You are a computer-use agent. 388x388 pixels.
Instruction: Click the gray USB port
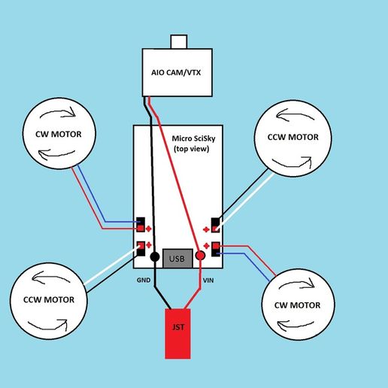coord(177,259)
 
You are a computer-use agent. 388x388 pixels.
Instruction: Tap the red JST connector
coord(177,334)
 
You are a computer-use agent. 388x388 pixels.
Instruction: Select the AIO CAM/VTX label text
coord(176,73)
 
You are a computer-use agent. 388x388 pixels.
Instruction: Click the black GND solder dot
coord(155,256)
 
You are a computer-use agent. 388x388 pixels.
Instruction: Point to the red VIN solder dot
coord(200,256)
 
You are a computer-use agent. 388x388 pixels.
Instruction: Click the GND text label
coord(144,280)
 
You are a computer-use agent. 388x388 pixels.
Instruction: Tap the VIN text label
coord(208,280)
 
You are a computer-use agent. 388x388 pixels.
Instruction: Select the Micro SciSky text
coord(193,138)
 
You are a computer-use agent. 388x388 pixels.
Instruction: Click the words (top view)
coord(192,149)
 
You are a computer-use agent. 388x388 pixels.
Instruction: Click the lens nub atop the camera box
coord(179,42)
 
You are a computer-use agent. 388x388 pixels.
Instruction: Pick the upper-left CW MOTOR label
coord(59,135)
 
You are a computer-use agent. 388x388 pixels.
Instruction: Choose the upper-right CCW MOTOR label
coord(293,137)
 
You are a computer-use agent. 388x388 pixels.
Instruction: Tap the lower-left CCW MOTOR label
coord(49,300)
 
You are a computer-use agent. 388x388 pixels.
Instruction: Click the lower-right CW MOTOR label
coord(297,305)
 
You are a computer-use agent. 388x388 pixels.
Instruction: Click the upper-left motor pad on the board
coord(141,225)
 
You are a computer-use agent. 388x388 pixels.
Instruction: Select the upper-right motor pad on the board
coord(216,225)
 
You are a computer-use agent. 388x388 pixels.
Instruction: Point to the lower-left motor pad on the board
coord(141,249)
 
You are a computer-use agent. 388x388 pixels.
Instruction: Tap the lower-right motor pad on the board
coord(216,249)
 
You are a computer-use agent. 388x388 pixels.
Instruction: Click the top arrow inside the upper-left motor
coord(59,112)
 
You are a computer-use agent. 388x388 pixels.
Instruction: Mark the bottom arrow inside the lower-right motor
coord(296,325)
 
